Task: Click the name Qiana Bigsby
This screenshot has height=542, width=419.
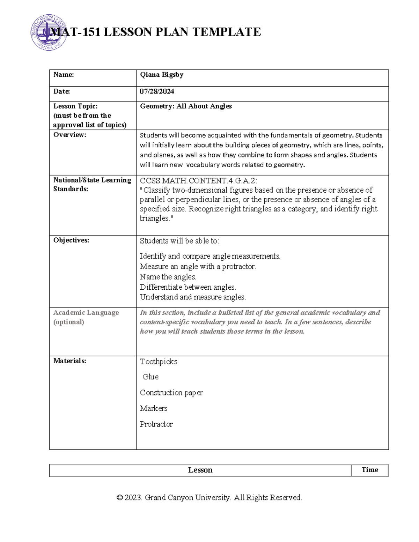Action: click(x=162, y=75)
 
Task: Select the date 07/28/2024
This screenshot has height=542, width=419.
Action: click(x=157, y=91)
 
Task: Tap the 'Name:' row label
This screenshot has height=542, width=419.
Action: click(x=64, y=75)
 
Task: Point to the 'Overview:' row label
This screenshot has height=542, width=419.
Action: click(x=69, y=135)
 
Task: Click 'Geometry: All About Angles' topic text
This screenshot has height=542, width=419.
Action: click(x=186, y=106)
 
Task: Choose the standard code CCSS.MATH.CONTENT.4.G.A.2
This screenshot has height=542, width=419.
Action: click(x=198, y=181)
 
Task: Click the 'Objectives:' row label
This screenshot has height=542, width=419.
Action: click(x=71, y=240)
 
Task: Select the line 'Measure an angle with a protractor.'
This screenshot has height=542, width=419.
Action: click(x=198, y=267)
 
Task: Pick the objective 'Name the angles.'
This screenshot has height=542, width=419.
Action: click(x=168, y=277)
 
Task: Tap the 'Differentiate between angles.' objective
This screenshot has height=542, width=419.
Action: click(x=188, y=287)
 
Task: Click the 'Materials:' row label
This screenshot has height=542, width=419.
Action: click(x=69, y=361)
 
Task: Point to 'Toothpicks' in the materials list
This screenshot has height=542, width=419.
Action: click(x=159, y=362)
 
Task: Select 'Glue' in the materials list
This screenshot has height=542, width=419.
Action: click(x=150, y=377)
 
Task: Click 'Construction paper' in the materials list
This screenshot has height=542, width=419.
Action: click(x=171, y=393)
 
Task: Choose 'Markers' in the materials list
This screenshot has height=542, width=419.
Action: click(x=154, y=408)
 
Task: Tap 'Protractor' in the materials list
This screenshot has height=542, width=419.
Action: click(x=156, y=424)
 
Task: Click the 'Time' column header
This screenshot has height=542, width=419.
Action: click(x=370, y=470)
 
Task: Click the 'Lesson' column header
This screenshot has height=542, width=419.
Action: click(x=200, y=470)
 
